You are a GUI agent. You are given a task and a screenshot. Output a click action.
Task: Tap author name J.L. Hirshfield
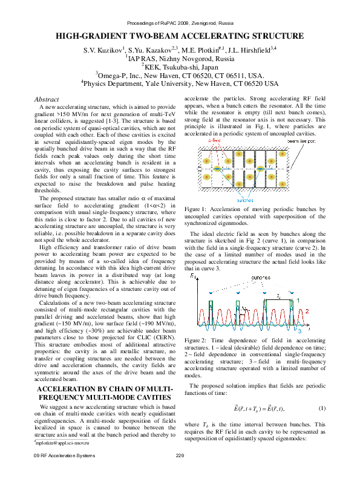(251, 50)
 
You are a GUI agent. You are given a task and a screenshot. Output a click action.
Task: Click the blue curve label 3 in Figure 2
(299, 332)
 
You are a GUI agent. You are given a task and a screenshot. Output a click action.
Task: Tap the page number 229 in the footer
(180, 472)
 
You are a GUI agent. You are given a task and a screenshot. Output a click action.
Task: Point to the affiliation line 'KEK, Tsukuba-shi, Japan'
(180, 67)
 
